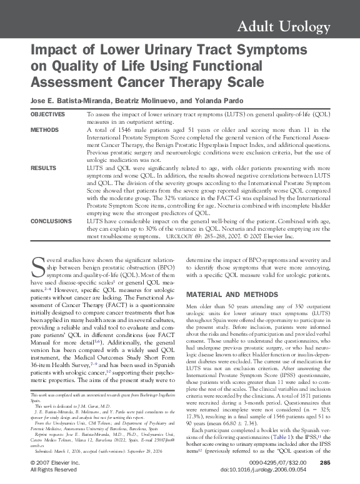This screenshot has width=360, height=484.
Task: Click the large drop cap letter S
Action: [x=37, y=265]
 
